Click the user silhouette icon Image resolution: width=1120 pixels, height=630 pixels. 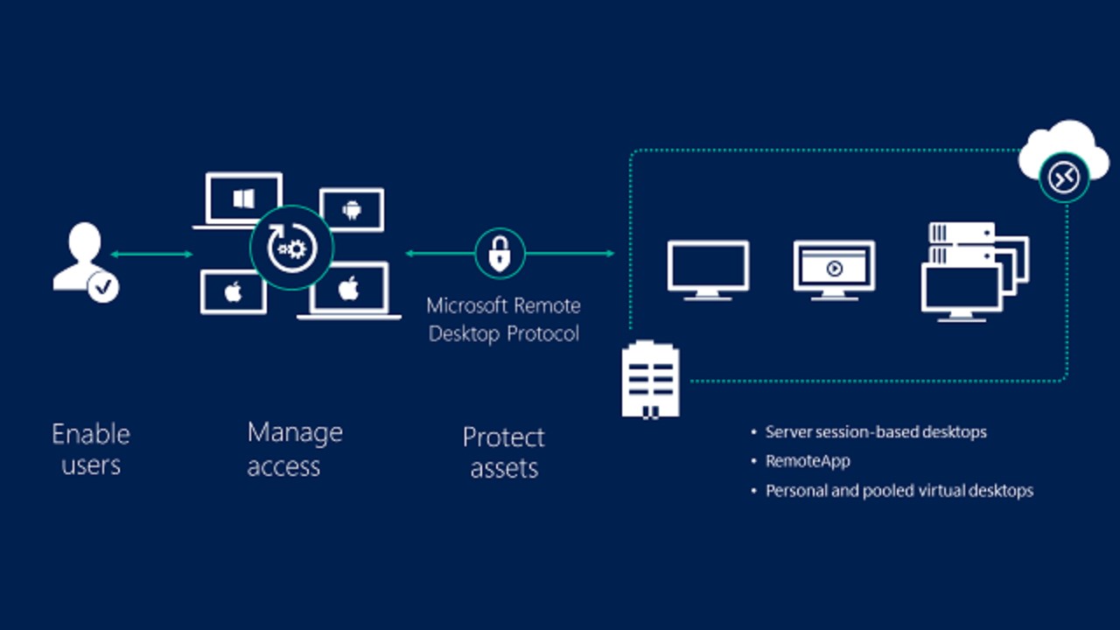(80, 254)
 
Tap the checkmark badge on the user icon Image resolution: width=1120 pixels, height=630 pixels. (104, 286)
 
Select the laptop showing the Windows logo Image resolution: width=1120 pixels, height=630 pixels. (242, 200)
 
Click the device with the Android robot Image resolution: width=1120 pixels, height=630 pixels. (352, 209)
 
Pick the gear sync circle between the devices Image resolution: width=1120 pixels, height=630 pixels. (290, 248)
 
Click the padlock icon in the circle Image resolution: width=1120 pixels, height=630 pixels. (500, 254)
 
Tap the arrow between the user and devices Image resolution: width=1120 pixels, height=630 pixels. (151, 255)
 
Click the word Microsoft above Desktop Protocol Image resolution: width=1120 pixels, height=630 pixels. (466, 306)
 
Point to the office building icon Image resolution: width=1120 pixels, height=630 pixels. (650, 379)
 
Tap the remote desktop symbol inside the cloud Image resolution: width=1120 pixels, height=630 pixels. (1063, 178)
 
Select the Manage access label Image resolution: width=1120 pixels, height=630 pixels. (295, 449)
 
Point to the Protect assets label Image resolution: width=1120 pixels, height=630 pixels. (504, 452)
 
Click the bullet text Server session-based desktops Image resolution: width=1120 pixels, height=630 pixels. (876, 432)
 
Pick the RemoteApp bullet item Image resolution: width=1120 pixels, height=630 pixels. (808, 461)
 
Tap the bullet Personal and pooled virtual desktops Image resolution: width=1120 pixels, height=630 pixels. (899, 491)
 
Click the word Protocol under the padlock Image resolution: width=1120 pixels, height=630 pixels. (542, 334)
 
